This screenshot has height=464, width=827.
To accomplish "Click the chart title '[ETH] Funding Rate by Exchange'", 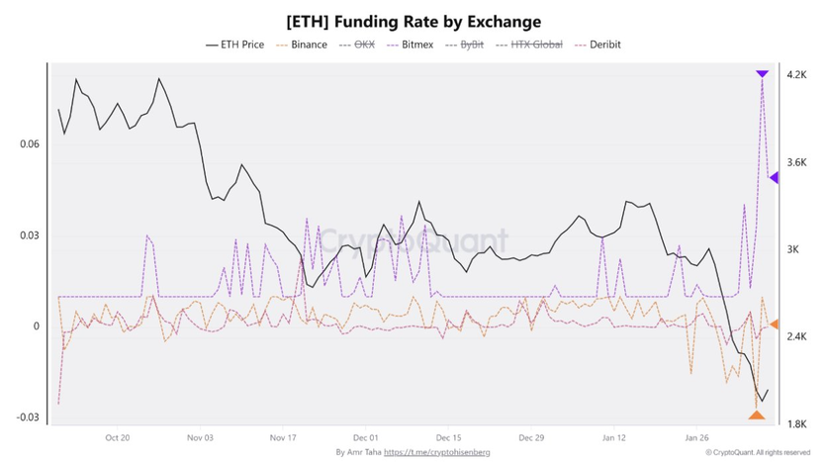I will point(413,21).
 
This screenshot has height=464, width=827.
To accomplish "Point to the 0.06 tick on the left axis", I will point(30,144).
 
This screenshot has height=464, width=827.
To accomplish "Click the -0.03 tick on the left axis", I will point(28,418).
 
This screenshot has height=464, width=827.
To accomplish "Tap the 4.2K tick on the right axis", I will point(797,75).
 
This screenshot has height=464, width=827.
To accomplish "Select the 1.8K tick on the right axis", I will point(797,424).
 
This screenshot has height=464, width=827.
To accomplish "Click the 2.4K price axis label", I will point(797,337).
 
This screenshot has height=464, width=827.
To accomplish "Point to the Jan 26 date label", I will point(698,436).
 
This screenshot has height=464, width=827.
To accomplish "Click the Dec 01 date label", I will point(365,436).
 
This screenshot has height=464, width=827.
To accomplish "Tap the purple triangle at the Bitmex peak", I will point(762,74).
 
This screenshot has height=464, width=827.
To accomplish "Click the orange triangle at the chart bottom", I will point(757,415).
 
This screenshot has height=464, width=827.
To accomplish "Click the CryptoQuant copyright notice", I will point(759,452).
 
